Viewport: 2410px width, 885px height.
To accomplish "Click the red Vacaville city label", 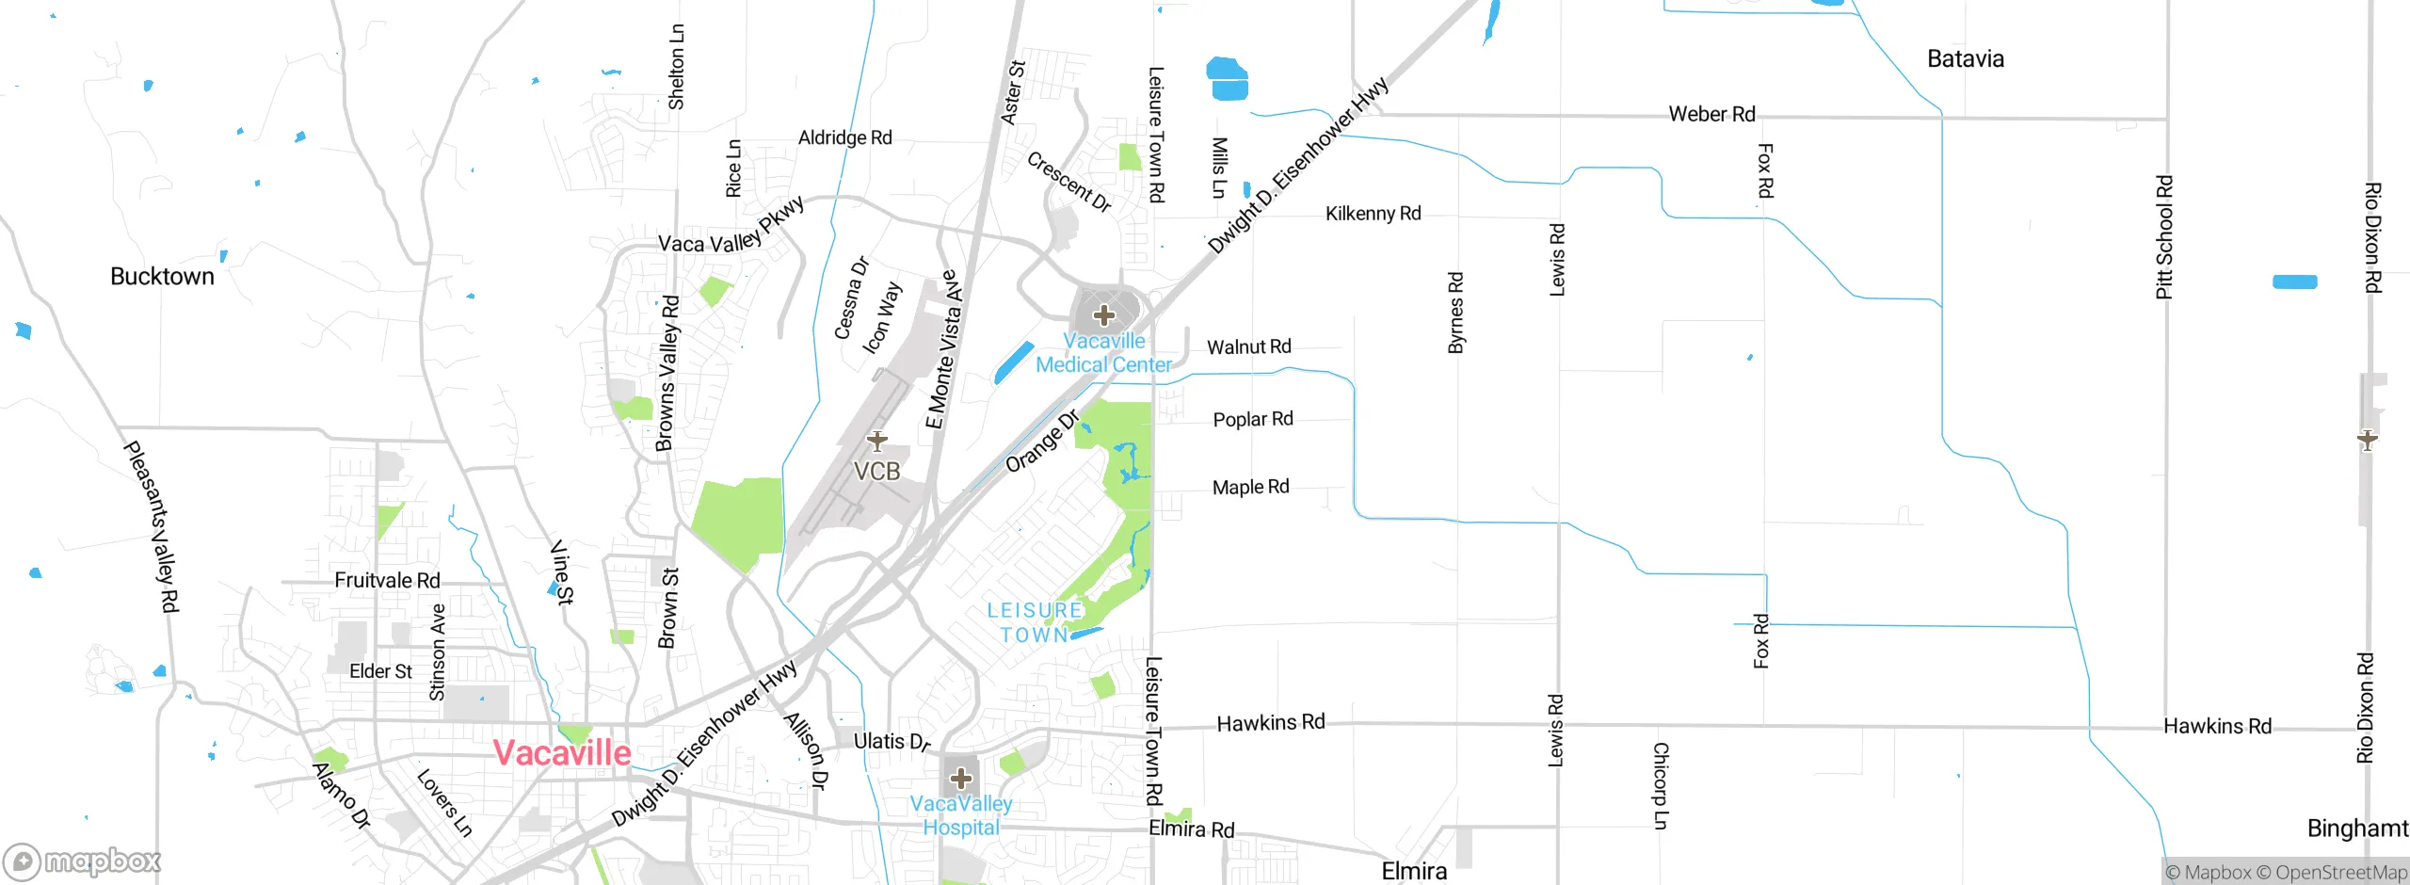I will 562,753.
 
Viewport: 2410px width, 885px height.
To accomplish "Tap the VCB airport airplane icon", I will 876,440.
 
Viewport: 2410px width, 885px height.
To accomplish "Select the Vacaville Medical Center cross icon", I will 1104,315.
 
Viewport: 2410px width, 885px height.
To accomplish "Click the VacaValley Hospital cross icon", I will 960,779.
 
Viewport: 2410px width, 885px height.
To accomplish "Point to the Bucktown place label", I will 162,277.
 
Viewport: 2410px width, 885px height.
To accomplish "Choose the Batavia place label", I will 1966,59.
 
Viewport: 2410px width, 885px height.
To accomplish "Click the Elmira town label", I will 1414,871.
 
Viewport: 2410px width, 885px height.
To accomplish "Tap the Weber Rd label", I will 1711,115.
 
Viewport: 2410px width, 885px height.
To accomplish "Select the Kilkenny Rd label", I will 1373,214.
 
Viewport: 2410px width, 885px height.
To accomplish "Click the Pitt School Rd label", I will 2164,237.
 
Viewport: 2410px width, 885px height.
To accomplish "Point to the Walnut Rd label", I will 1248,347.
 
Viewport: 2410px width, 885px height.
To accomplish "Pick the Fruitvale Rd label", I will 387,581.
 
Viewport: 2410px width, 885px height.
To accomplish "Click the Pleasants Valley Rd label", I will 152,527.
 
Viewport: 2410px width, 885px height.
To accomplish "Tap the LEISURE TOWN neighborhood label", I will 1035,622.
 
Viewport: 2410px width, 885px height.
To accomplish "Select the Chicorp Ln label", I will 1661,786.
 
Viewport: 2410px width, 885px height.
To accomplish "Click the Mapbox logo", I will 83,861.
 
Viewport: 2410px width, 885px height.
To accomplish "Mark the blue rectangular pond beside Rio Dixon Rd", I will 2294,282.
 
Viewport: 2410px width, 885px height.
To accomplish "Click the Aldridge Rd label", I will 844,138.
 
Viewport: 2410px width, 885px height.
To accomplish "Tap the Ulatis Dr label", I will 892,742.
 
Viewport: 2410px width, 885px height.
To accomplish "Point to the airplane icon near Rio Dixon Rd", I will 2368,439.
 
